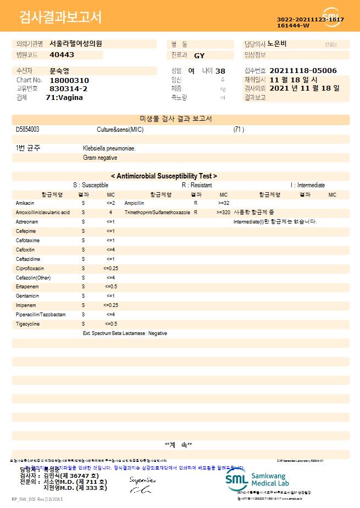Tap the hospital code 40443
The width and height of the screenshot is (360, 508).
pos(62,55)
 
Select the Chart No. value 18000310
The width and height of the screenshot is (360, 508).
pos(69,80)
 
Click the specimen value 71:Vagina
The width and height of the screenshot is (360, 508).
pos(64,97)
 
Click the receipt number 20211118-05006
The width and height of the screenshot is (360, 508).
pos(303,71)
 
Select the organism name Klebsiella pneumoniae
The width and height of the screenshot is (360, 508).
pos(109,148)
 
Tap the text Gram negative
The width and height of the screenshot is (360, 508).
pos(100,158)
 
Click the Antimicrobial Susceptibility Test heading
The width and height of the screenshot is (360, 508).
pos(164,176)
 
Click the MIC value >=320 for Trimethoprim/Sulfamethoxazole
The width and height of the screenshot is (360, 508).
pos(223,213)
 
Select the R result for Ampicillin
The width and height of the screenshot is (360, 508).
pos(196,203)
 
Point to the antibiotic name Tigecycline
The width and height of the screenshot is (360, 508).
pos(27,324)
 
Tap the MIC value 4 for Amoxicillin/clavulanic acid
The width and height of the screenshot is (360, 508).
pos(110,213)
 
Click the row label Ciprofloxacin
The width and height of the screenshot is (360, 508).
pos(30,269)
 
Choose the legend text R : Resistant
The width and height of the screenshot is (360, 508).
pos(197,186)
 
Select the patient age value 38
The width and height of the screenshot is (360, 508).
pos(220,71)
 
